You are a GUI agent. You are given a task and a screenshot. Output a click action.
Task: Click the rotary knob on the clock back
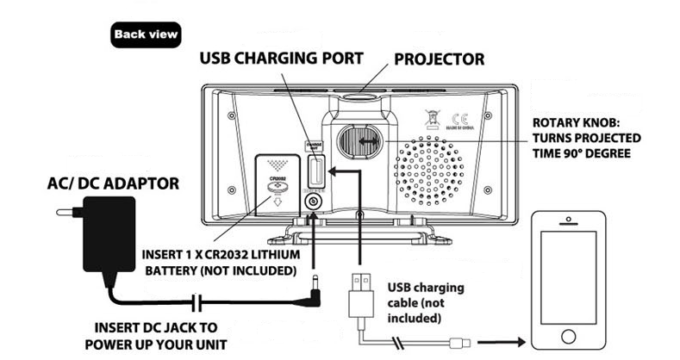356,140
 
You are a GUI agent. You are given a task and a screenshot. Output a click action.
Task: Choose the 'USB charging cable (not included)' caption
424,302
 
